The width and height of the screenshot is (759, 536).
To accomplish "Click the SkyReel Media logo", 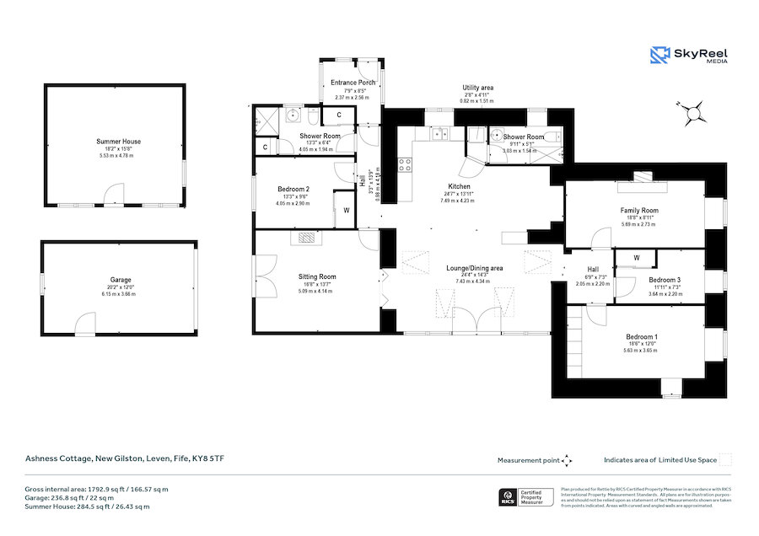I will coord(689,56).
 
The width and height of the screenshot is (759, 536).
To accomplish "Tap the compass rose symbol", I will coord(695,110).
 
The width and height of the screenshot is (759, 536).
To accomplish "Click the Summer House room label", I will coord(119,142).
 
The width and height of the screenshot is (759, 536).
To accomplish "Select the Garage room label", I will coord(120,280).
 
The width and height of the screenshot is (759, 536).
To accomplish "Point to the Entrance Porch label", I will coord(353,83).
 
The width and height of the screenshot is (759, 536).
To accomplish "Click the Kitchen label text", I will coord(459,186).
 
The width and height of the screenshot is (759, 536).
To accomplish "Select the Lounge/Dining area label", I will coord(475,268).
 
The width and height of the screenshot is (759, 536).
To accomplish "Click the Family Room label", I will coord(638,211).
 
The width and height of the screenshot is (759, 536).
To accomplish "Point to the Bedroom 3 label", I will coord(665,280).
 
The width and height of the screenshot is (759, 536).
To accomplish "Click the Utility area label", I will coord(477,88).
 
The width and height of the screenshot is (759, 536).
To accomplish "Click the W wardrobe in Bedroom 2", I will coord(346,210).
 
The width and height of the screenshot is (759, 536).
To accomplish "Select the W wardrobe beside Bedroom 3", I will coord(637,258).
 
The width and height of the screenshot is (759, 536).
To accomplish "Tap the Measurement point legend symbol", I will coord(567,460).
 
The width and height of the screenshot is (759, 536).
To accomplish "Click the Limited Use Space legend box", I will coord(726,460).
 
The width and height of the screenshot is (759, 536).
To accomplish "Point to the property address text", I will coord(123,458).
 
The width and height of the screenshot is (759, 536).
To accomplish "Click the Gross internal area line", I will coord(96,489).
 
